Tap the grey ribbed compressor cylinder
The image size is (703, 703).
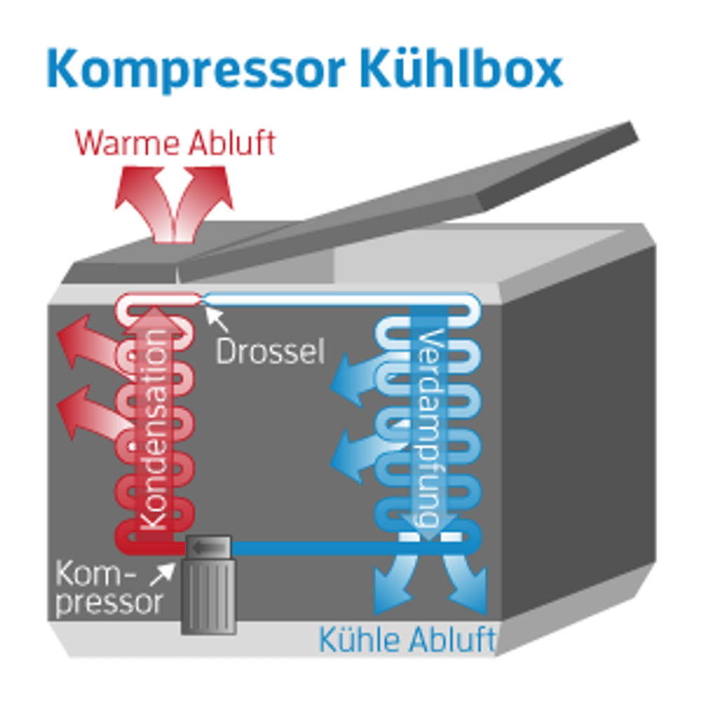(x=208, y=596)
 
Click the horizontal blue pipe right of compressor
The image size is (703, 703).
(x=309, y=547)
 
